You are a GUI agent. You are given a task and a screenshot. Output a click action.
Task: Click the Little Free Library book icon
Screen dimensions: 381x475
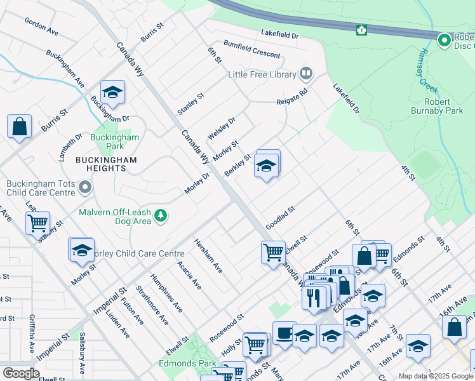(306, 74)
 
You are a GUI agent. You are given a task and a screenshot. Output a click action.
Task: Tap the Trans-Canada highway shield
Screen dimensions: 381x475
(361, 30)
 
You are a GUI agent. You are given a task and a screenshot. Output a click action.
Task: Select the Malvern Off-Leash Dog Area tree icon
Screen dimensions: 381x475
(161, 216)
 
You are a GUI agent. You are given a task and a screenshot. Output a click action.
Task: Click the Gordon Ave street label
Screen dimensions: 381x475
(41, 26)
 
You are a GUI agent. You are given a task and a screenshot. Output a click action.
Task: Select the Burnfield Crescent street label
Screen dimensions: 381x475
(251, 49)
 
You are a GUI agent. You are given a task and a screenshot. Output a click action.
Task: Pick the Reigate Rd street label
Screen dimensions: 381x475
(291, 97)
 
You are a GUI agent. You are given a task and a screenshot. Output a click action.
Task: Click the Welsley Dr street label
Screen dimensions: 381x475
(222, 128)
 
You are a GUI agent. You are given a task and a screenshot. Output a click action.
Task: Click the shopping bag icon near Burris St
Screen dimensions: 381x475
(20, 126)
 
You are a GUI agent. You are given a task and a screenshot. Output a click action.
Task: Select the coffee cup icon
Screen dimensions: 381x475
(284, 332)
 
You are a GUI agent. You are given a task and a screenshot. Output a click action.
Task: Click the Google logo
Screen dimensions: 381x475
(21, 373)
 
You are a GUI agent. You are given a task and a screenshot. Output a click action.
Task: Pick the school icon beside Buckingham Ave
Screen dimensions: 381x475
(112, 93)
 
